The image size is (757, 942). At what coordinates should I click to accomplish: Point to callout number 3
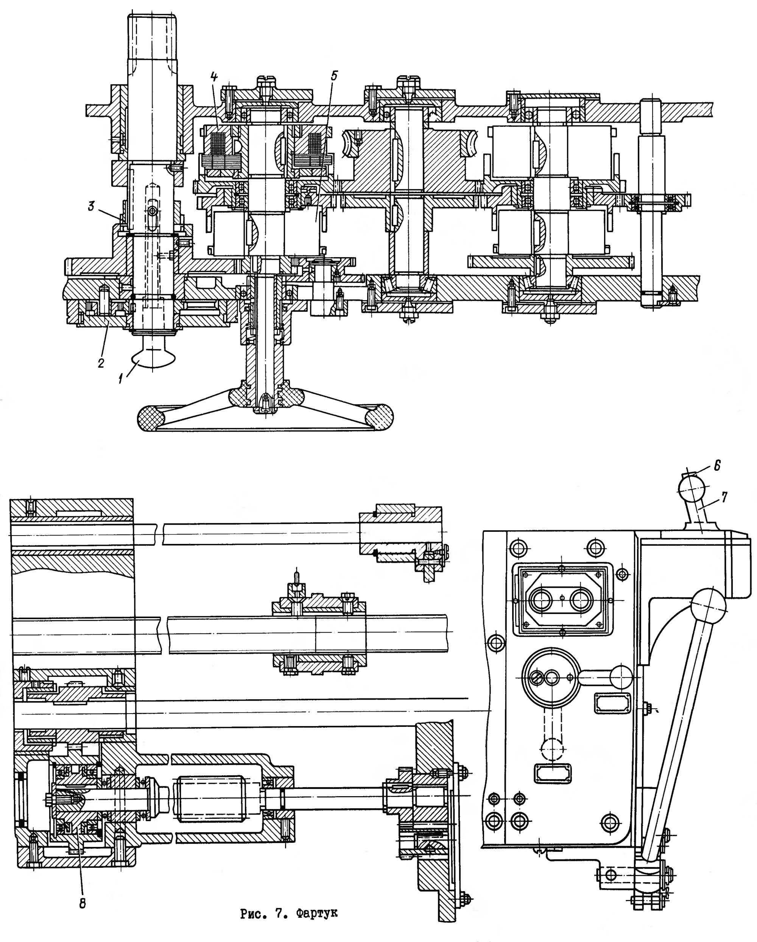click(91, 206)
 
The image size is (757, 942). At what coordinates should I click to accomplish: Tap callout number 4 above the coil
click(213, 77)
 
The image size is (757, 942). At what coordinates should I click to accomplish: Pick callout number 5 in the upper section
click(334, 76)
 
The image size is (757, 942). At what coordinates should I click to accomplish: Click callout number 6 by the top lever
click(717, 466)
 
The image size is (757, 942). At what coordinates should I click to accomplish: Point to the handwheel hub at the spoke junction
click(265, 396)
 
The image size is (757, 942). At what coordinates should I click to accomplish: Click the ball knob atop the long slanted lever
click(708, 606)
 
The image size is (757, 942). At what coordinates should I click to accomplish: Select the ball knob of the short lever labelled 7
click(692, 488)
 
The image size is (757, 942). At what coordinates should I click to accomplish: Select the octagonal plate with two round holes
click(561, 598)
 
